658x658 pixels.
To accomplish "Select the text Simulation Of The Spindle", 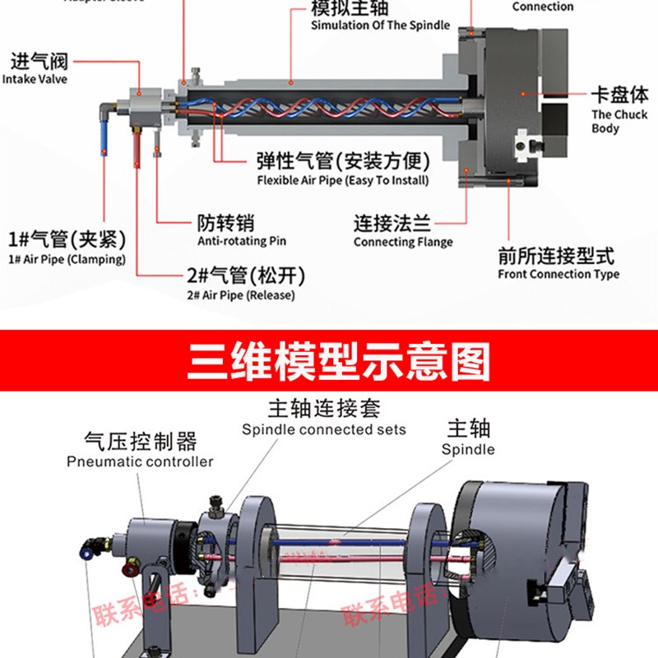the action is pyautogui.click(x=380, y=25).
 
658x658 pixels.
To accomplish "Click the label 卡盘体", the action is pyautogui.click(x=619, y=95).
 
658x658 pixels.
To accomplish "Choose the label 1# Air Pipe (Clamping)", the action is pyautogui.click(x=66, y=259).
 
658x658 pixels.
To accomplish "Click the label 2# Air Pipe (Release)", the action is pyautogui.click(x=240, y=295).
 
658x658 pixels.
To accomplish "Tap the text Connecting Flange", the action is pyautogui.click(x=403, y=242).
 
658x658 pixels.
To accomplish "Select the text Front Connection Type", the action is pyautogui.click(x=558, y=274).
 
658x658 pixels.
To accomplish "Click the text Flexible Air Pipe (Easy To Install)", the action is pyautogui.click(x=342, y=180).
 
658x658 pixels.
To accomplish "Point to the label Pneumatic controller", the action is pyautogui.click(x=140, y=461).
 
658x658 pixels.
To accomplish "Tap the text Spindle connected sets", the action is pyautogui.click(x=324, y=429).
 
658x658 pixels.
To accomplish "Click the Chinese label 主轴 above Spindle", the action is pyautogui.click(x=468, y=429).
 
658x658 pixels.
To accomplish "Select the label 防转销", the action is pyautogui.click(x=225, y=223).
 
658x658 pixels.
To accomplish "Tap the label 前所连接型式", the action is pyautogui.click(x=556, y=256).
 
